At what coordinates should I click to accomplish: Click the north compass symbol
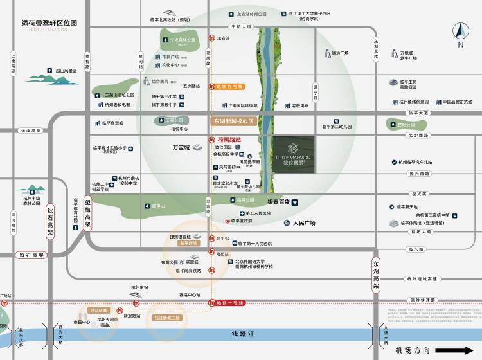point(460,33)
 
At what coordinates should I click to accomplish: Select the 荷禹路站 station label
point(225,139)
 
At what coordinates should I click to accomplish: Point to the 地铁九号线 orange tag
point(229,86)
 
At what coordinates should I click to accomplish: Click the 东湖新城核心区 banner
point(234,121)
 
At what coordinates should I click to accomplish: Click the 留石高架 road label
point(31,255)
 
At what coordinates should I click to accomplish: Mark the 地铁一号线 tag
point(229,303)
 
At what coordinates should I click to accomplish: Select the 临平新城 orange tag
point(190,243)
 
